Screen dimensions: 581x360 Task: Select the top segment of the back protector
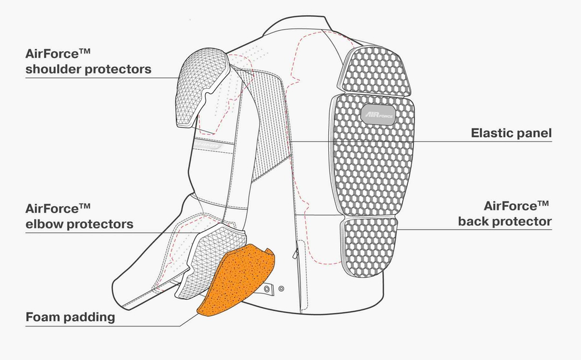pyautogui.click(x=375, y=70)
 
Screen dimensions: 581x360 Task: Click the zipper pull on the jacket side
pyautogui.click(x=295, y=253)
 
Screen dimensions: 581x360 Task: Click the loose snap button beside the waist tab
pyautogui.click(x=281, y=289)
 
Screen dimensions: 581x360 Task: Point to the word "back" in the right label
pyautogui.click(x=473, y=221)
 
